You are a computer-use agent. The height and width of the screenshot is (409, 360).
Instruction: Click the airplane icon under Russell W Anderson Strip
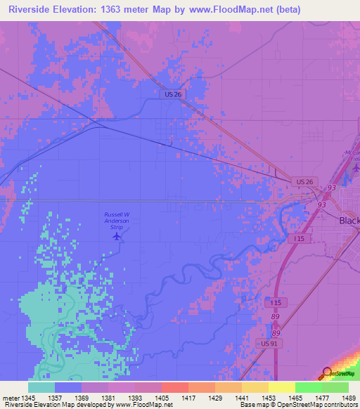[x=117, y=235]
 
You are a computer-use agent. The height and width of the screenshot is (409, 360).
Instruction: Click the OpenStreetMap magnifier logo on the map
[x=326, y=372]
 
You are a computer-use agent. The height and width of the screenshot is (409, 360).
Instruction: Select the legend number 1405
[x=162, y=398]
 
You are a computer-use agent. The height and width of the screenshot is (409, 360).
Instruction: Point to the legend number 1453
[x=269, y=398]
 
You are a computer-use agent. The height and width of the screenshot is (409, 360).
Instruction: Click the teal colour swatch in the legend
[x=41, y=387]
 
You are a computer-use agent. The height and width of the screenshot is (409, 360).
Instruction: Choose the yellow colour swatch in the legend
[x=281, y=387]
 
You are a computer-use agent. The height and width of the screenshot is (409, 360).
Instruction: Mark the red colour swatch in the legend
[x=174, y=387]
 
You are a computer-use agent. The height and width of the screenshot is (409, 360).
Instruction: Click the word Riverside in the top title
[x=32, y=10]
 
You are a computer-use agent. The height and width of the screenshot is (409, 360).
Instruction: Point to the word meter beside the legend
[x=11, y=398]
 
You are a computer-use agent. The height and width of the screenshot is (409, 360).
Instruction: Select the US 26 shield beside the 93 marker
[x=303, y=182]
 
